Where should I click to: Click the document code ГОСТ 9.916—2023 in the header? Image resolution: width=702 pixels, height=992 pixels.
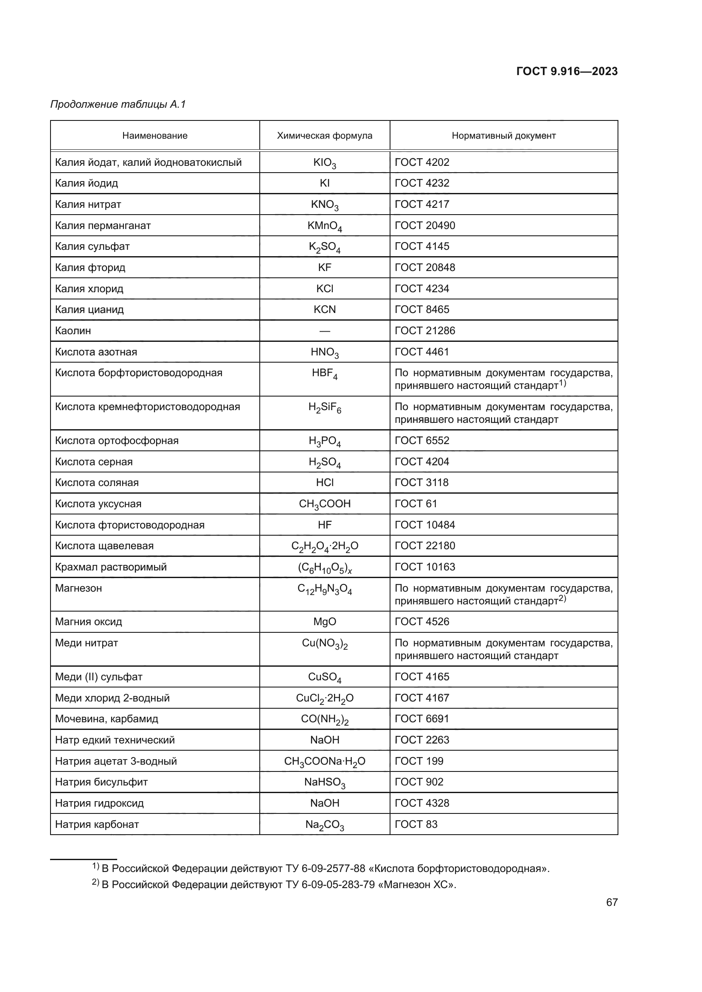(x=567, y=71)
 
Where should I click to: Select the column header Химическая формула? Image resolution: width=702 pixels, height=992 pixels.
(x=324, y=136)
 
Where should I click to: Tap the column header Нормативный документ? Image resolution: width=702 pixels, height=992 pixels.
(x=503, y=136)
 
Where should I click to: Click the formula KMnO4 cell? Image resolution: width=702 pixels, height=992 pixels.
(x=324, y=226)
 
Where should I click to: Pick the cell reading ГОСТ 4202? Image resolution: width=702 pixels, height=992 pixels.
(x=422, y=162)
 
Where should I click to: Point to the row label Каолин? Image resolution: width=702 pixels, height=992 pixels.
(x=73, y=331)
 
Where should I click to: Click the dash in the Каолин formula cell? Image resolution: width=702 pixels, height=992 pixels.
(x=324, y=331)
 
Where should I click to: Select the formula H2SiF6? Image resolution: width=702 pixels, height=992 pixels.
(x=324, y=408)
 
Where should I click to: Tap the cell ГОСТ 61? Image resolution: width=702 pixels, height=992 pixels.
(x=416, y=504)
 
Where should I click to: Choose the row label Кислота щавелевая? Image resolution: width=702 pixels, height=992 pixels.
(x=104, y=546)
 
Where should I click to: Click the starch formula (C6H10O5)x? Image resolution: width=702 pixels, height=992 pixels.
(x=324, y=568)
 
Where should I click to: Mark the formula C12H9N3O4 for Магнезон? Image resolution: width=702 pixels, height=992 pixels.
(x=324, y=590)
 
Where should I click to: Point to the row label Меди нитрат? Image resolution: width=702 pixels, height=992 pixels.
(x=87, y=643)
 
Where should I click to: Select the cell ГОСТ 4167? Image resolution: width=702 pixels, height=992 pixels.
(x=422, y=698)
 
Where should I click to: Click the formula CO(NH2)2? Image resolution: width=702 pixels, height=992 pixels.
(x=324, y=720)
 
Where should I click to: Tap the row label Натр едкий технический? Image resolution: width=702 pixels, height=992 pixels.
(x=115, y=740)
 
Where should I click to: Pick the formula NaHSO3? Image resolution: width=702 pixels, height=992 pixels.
(x=324, y=783)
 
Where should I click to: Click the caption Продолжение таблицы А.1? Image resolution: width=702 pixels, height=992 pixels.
(x=118, y=104)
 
